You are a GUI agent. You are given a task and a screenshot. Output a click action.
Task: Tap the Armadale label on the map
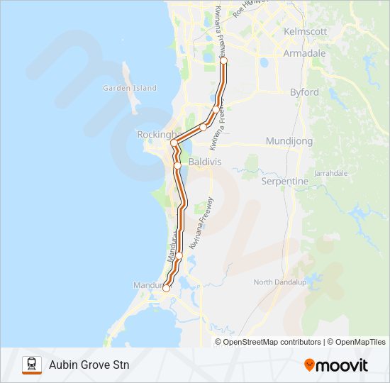click(x=304, y=53)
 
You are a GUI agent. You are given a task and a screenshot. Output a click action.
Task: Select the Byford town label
click(x=304, y=92)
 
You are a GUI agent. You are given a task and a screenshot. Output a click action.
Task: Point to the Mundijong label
click(x=289, y=141)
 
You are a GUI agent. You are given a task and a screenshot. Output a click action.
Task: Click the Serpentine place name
click(x=286, y=182)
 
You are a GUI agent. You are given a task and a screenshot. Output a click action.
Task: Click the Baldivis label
click(x=205, y=162)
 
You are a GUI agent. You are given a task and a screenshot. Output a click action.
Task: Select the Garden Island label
click(x=129, y=88)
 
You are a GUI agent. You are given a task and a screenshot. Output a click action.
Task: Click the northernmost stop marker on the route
click(x=223, y=62)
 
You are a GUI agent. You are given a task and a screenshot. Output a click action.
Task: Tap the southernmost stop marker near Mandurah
click(x=167, y=288)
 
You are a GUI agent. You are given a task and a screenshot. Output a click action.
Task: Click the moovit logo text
click(x=342, y=365)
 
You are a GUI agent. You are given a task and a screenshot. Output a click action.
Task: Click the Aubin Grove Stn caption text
click(x=89, y=365)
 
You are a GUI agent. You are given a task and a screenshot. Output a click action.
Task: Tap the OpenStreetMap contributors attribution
click(x=272, y=342)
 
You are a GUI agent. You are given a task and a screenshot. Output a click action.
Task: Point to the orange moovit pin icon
click(x=309, y=365)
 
